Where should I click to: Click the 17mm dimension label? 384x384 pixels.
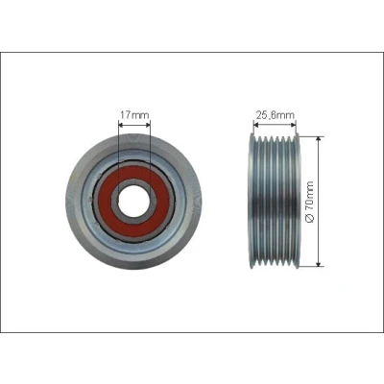pos(134,114)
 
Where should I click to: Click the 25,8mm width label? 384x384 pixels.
pos(275,114)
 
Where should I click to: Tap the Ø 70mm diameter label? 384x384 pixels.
pos(310,202)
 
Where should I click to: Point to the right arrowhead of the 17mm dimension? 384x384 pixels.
pos(147,124)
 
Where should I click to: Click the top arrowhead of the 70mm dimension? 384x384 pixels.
pos(318,139)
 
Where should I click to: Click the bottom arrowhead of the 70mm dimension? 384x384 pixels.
pos(318,263)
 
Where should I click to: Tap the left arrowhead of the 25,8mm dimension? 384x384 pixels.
pos(256,125)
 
